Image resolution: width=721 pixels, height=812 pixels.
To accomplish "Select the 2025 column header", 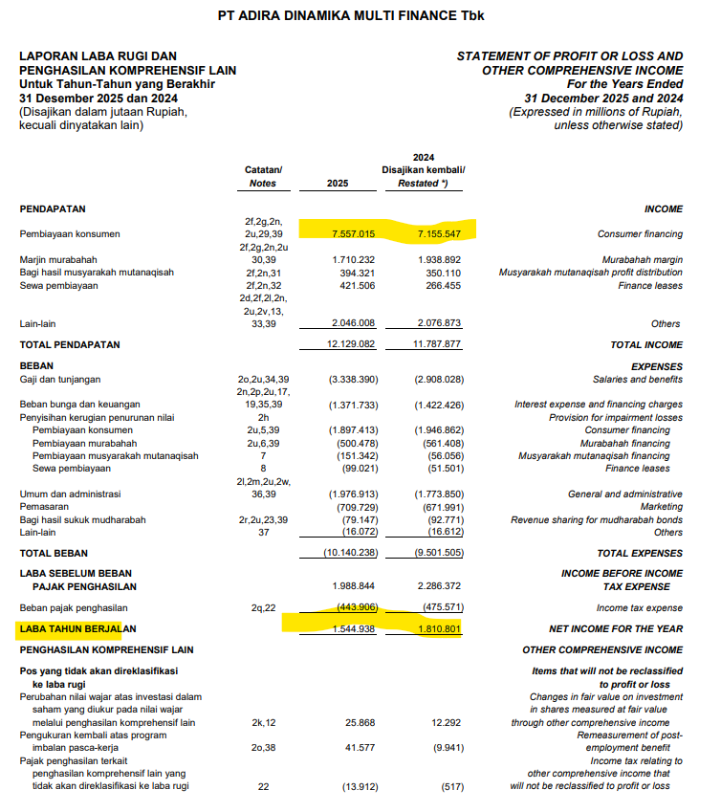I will point(338,183).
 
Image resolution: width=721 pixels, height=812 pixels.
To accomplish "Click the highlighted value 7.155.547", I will point(439,233).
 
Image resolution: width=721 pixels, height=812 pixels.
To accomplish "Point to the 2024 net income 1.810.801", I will point(439,628).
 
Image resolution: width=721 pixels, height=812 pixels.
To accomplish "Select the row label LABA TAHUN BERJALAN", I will point(78,628).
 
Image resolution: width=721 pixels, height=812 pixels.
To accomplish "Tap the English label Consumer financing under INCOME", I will point(640,233).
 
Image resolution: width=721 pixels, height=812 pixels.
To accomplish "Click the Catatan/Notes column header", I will point(263,176).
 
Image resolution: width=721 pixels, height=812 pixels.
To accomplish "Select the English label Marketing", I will point(662,506).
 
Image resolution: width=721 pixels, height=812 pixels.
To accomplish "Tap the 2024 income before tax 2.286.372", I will point(439,584).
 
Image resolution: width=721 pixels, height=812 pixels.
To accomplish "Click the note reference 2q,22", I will point(263,607).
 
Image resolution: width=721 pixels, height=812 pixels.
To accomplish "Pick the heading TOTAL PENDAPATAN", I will point(71,344).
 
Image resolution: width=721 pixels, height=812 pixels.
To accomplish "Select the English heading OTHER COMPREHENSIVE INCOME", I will point(602,649).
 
